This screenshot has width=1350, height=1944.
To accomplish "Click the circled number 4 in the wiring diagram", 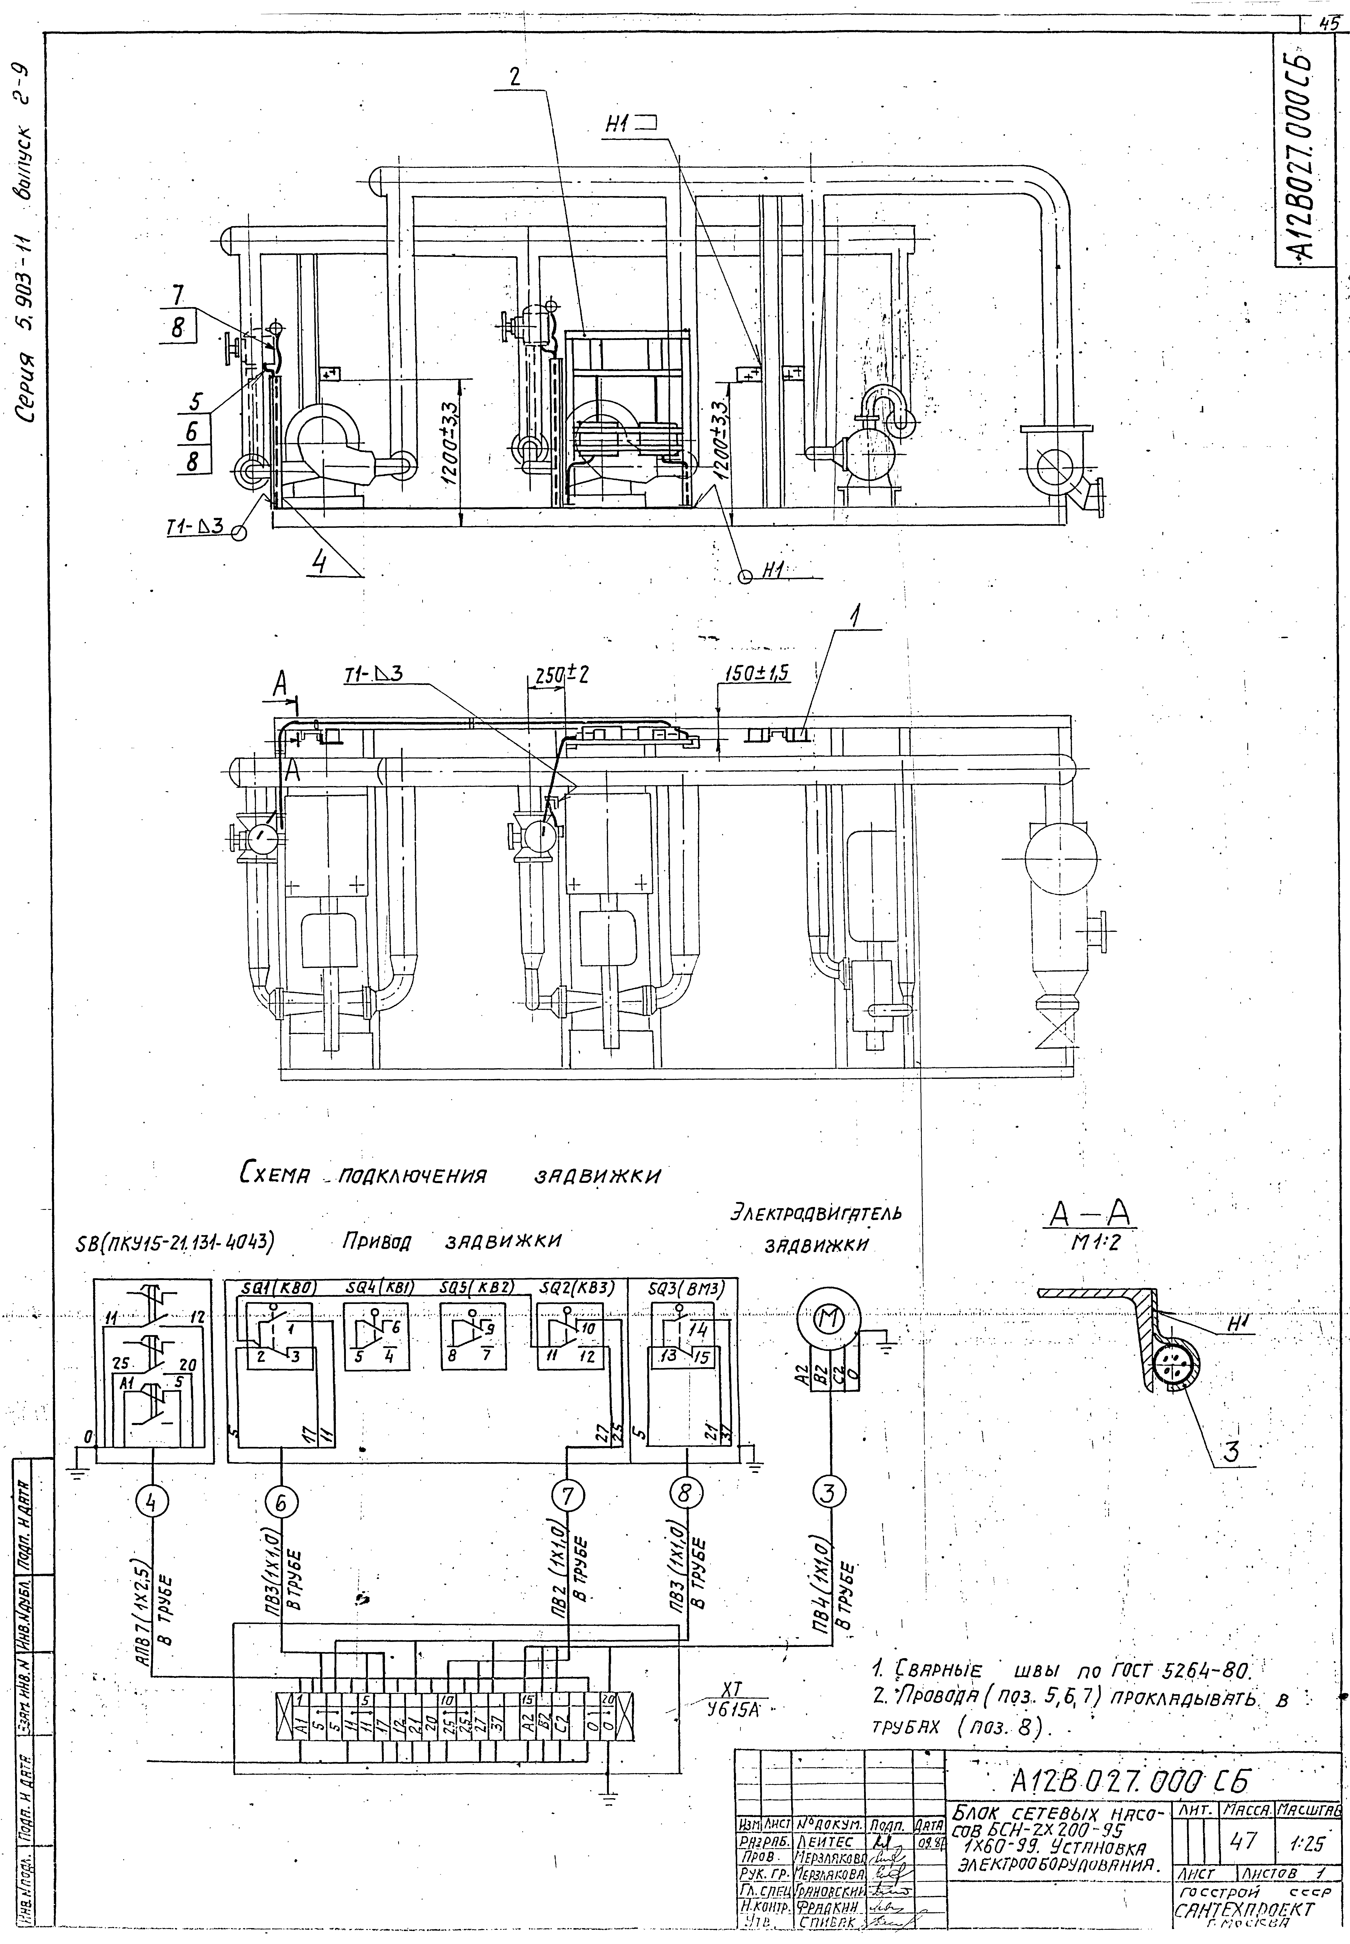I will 151,1502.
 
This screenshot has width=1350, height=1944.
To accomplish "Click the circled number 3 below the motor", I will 829,1493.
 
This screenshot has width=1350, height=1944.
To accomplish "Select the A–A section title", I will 1090,1216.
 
